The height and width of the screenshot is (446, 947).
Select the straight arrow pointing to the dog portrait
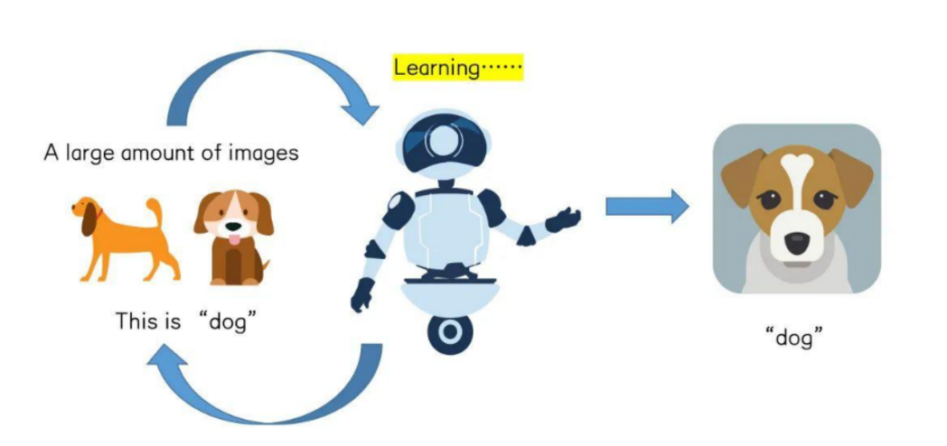[645, 208]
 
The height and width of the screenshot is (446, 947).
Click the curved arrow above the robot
[271, 77]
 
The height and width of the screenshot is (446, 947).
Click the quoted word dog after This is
[229, 321]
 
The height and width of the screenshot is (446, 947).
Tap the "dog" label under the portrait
[795, 341]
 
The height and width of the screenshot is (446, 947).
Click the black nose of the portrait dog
[797, 242]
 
